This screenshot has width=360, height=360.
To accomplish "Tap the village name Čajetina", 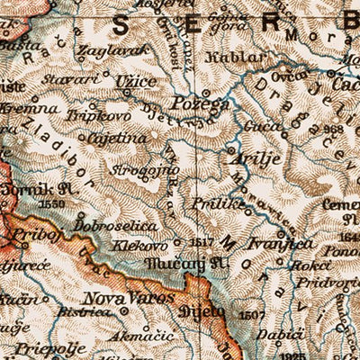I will pyautogui.click(x=117, y=139).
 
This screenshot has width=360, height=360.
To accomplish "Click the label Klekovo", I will pyautogui.click(x=139, y=244).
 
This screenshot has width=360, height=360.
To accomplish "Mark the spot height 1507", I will pyautogui.click(x=252, y=315).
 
